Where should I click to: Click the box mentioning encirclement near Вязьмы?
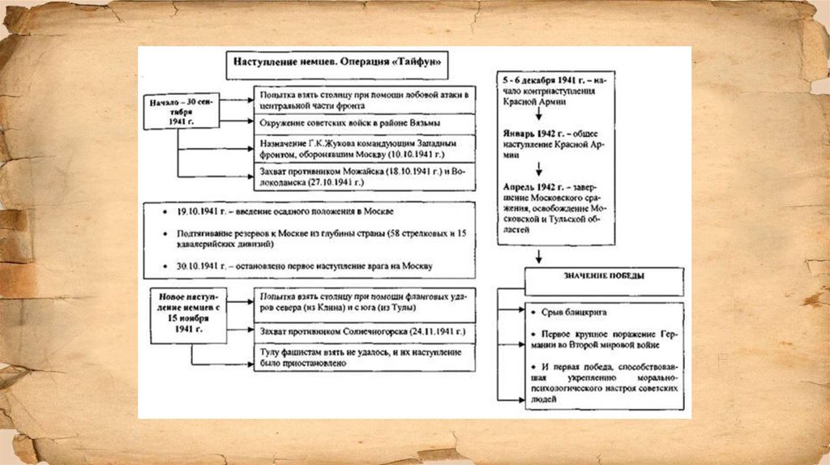tap(363, 123)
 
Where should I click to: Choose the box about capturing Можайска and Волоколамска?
tap(363, 177)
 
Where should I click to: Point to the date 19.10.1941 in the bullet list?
tap(193, 211)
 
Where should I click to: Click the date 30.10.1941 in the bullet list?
tap(193, 266)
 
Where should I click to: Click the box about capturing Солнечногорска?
tap(363, 332)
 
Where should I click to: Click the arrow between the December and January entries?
tap(538, 114)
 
